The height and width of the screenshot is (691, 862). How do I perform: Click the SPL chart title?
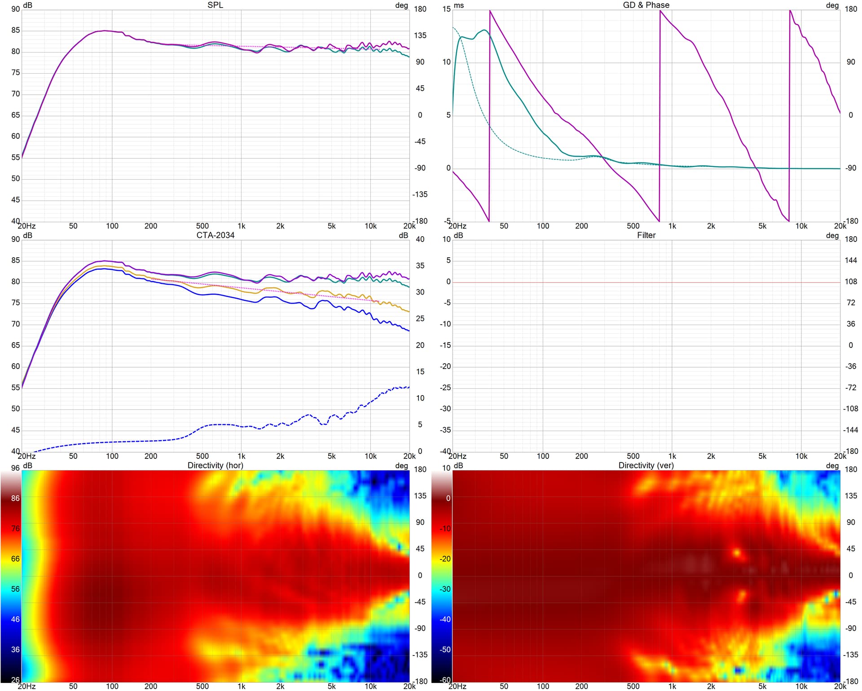tap(215, 5)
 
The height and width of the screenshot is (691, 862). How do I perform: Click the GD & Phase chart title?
tap(646, 5)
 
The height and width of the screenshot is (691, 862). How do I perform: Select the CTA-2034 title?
tap(215, 235)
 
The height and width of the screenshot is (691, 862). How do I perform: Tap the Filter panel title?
tap(646, 235)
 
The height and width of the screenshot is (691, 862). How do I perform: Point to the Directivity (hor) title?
tap(215, 466)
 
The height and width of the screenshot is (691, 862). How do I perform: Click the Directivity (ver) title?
tap(646, 466)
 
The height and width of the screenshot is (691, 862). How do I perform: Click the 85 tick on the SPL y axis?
tap(16, 30)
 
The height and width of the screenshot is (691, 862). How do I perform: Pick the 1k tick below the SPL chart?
tap(241, 226)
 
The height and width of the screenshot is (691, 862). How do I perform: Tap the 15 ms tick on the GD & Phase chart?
tap(446, 9)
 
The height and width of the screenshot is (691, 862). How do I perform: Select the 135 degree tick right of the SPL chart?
tap(420, 35)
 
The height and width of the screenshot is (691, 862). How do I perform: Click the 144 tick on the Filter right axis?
tap(850, 260)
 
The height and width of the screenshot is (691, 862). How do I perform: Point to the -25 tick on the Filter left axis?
tap(445, 387)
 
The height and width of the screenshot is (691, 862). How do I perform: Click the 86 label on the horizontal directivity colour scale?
tap(16, 498)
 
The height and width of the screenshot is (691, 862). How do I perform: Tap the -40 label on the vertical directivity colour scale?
tap(445, 620)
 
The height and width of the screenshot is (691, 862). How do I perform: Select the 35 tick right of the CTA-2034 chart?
tap(420, 266)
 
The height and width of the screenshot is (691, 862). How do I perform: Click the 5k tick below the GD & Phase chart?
tap(762, 226)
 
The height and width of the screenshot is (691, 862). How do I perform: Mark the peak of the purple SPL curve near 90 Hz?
tap(105, 31)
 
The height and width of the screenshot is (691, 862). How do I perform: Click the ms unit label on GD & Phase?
tap(459, 5)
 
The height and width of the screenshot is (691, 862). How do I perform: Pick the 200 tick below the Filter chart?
tap(581, 457)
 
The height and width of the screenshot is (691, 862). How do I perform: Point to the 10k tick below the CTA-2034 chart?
tap(370, 457)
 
